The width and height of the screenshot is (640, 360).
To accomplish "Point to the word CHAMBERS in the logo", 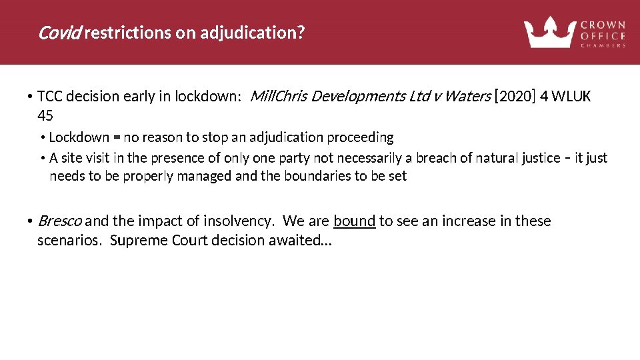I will pos(603,45).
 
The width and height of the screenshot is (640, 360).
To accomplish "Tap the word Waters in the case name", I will pos(467,96).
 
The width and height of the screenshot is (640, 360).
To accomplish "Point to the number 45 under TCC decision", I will pos(45,116).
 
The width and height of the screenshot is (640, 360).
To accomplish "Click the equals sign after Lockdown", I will pos(117,137).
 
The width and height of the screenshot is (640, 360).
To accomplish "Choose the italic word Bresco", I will pos(60,221).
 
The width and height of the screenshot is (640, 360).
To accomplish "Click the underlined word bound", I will pos(355,221).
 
